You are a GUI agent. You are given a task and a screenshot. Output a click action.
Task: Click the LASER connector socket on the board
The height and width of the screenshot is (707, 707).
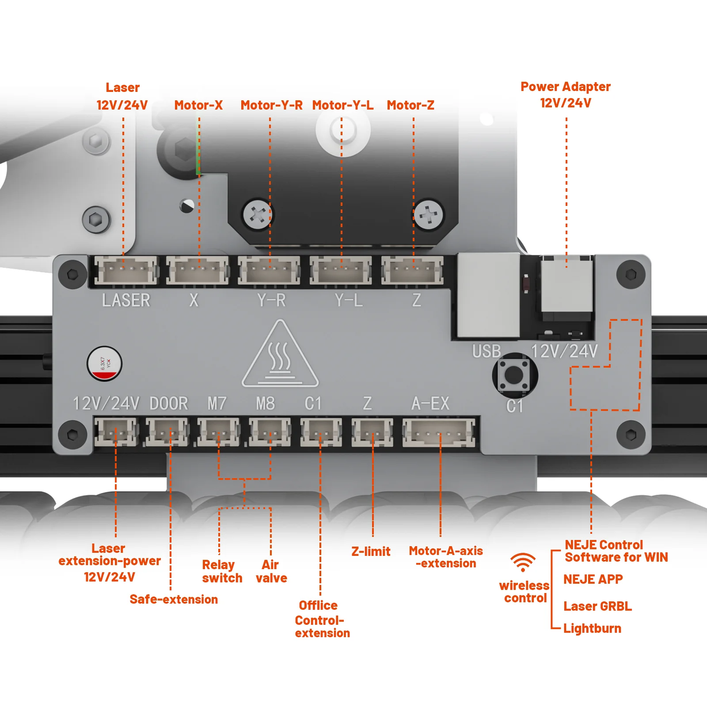(126, 271)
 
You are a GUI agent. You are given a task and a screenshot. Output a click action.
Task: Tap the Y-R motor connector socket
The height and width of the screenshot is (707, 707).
(269, 271)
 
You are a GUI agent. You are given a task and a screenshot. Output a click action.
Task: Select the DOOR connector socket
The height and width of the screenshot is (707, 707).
(167, 432)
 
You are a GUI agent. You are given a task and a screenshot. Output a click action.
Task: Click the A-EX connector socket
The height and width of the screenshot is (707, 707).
(439, 433)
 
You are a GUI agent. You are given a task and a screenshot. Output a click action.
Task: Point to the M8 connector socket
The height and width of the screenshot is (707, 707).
(270, 432)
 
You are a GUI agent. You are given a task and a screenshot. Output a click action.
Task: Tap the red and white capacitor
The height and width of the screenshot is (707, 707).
(104, 364)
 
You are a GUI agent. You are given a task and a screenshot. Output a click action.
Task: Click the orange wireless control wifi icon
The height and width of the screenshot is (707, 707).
(523, 562)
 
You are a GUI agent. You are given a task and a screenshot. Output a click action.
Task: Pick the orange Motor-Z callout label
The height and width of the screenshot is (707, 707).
(410, 105)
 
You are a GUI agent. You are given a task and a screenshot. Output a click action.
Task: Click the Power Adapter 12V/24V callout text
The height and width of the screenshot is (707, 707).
(566, 94)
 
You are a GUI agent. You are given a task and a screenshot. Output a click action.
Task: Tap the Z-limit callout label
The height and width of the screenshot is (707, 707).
(371, 551)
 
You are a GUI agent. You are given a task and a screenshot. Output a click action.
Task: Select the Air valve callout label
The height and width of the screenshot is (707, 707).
(271, 571)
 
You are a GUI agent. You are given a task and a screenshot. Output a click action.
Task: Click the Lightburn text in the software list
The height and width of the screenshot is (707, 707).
(592, 628)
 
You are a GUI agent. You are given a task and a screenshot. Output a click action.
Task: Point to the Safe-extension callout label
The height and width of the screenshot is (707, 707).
(174, 599)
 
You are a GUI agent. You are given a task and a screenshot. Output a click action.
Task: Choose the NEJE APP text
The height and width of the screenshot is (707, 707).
(593, 579)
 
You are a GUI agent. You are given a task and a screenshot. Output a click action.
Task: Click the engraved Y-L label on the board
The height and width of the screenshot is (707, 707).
(348, 300)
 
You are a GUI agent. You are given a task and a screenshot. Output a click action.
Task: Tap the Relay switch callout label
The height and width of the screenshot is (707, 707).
(222, 571)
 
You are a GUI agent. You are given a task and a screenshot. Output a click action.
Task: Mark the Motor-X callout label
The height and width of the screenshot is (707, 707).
(198, 105)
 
